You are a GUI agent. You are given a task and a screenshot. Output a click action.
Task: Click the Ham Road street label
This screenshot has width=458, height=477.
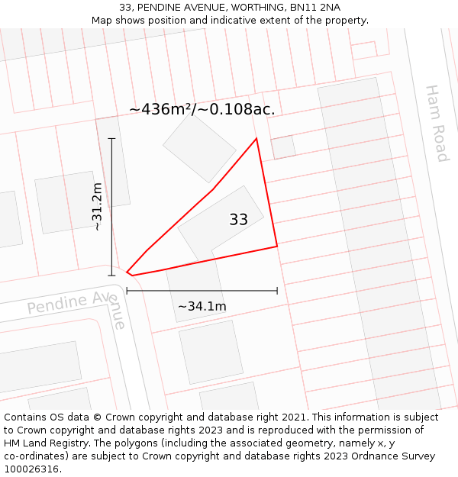coord(436,123)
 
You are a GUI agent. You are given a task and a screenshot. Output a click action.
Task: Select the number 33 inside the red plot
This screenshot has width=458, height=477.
coord(238,220)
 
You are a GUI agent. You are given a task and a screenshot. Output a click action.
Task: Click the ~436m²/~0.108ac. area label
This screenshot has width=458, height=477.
coord(202,109)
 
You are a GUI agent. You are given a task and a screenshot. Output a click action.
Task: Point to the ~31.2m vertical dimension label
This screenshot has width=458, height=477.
coord(97,206)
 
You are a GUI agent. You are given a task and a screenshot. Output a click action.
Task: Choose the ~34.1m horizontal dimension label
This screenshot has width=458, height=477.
coord(202,306)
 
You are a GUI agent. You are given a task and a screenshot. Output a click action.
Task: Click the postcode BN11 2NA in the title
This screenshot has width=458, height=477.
coord(315,8)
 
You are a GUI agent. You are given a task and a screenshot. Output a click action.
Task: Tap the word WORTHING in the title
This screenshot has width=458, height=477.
coord(258,8)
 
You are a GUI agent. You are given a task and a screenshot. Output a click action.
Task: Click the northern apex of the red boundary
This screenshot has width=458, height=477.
coord(256,138)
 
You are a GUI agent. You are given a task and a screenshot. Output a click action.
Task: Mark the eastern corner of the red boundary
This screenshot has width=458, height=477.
coord(276,247)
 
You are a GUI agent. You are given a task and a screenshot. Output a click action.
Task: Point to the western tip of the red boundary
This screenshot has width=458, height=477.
coord(127,272)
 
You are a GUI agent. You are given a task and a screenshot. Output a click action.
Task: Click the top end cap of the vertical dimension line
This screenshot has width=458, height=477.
coord(111,138)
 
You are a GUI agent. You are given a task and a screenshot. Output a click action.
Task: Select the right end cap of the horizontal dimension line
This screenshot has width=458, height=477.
coord(277,291)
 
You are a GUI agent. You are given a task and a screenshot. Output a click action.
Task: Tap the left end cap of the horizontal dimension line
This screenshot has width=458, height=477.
coord(127,291)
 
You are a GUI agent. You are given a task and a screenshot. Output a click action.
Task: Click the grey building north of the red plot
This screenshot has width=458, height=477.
coord(200,148)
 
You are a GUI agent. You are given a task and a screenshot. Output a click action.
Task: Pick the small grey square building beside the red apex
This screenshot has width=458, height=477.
coord(283,147)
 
